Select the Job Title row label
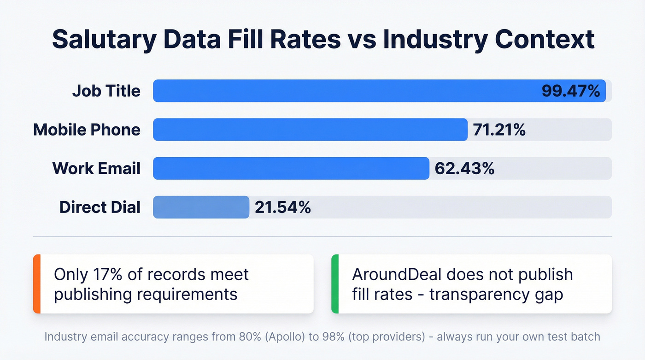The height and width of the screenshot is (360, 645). coord(106,91)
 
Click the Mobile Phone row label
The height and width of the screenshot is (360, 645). coord(87,130)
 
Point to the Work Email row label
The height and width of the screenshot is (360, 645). coord(96,168)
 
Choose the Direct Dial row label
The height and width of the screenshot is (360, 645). coord(100,207)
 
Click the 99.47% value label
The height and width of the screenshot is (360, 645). coord(570,91)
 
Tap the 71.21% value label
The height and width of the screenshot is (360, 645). coord(499,130)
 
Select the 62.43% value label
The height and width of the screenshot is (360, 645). coord(464,168)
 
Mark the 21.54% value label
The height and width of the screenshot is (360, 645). coord(283,207)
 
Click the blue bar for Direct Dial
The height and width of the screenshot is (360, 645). coord(201,207)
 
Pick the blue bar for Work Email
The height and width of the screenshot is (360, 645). coord(291,168)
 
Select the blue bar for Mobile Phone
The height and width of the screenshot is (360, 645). coord(310,130)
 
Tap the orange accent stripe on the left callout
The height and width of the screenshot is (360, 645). coord(37,284)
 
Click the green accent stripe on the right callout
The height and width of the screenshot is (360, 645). coord(335,284)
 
